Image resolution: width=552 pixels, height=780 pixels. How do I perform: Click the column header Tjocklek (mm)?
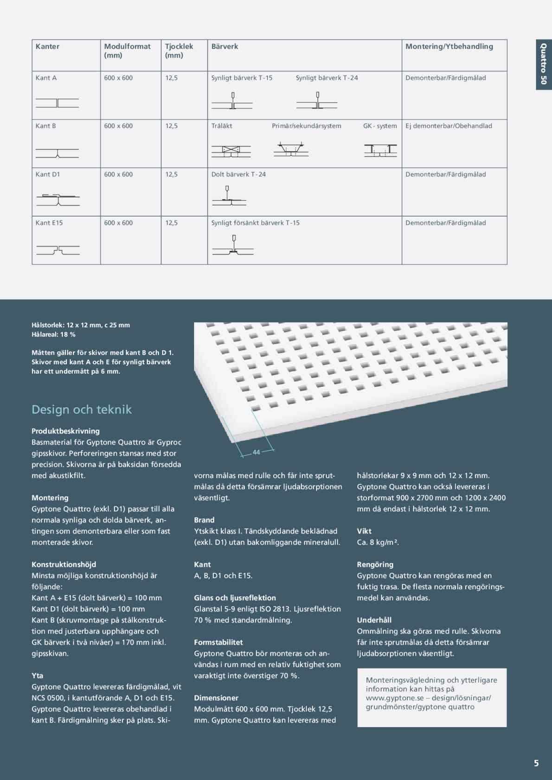click(x=179, y=50)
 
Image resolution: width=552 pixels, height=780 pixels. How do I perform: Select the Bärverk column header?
click(x=225, y=46)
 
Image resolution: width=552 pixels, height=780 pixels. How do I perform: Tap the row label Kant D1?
click(x=48, y=175)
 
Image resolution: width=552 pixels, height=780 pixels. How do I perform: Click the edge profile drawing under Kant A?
click(x=57, y=103)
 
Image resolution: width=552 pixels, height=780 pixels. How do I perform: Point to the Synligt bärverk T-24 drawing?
click(x=317, y=101)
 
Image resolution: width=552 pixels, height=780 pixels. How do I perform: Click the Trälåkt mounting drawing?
click(x=231, y=151)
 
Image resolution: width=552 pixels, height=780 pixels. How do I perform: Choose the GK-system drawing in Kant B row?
click(x=380, y=150)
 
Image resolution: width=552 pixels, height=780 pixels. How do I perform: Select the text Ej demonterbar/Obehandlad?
click(x=449, y=126)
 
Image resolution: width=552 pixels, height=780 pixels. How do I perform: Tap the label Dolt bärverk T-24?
click(x=238, y=175)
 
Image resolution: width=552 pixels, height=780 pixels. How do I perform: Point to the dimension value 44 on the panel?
click(x=257, y=452)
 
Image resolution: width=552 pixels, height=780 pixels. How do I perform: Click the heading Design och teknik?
click(x=82, y=409)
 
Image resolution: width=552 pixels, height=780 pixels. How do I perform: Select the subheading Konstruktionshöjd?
click(x=64, y=565)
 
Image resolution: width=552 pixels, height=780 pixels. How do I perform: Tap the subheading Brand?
click(x=204, y=520)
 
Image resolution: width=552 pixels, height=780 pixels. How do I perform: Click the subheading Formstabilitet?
click(x=218, y=642)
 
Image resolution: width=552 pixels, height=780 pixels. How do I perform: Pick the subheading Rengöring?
click(x=375, y=565)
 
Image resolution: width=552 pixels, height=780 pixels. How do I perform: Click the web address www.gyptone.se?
click(x=395, y=698)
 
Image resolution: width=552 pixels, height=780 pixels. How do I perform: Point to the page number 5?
click(x=536, y=763)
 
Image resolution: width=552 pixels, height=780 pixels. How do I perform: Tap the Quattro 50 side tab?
click(x=543, y=64)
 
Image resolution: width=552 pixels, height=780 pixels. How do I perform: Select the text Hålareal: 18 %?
click(x=53, y=334)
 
